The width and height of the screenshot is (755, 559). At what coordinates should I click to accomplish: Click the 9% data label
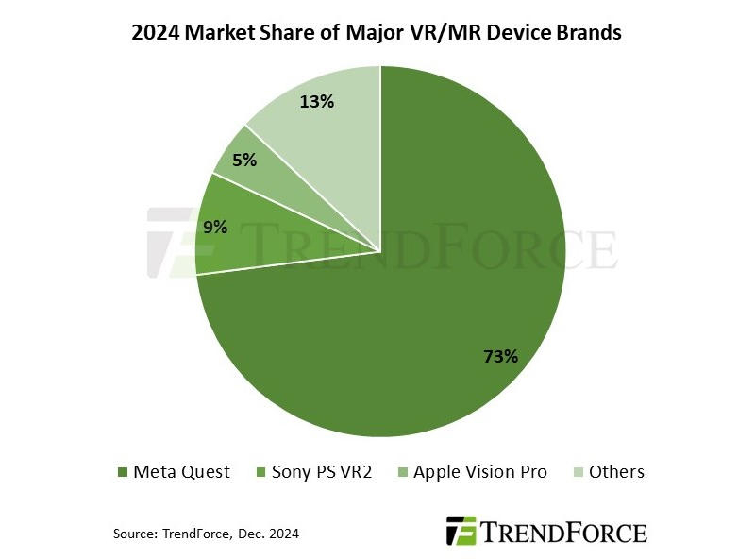(x=215, y=226)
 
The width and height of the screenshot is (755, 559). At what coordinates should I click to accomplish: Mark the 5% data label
(x=244, y=161)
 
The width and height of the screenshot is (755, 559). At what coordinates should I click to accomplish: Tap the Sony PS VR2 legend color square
(x=260, y=472)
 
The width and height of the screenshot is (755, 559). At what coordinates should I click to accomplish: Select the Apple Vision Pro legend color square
(x=403, y=472)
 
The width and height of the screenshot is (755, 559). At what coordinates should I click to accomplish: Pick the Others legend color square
(x=579, y=472)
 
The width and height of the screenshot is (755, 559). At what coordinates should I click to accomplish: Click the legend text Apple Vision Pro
(x=480, y=471)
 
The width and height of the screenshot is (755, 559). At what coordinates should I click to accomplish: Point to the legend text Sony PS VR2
(x=322, y=471)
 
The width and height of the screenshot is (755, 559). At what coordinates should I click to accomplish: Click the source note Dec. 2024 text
(x=268, y=534)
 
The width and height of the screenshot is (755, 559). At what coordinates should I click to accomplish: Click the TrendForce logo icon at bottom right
(x=462, y=530)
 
